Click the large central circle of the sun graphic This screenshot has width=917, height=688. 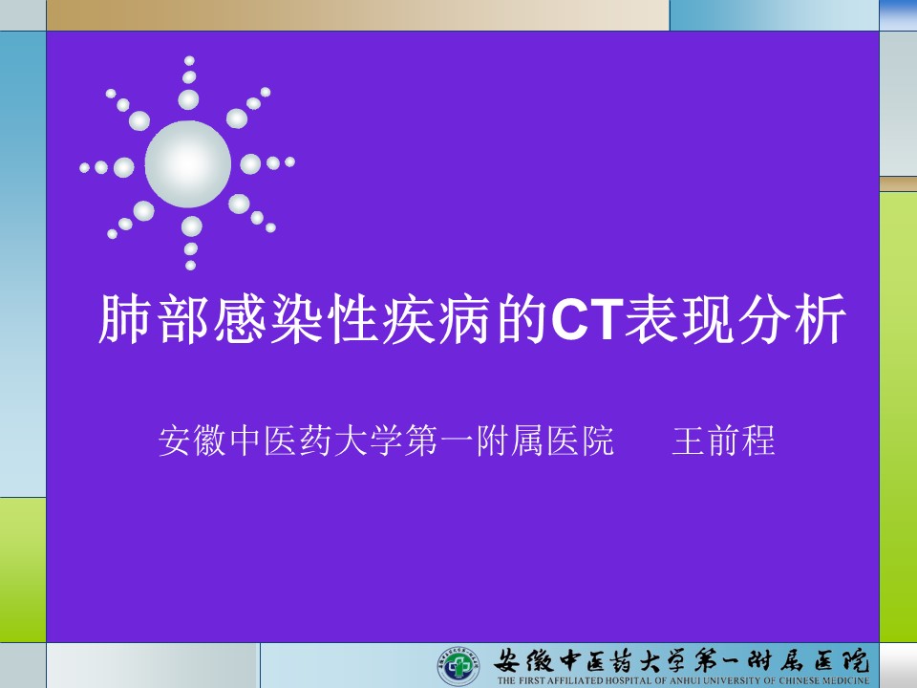pos(188,164)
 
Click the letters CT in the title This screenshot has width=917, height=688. pos(586,319)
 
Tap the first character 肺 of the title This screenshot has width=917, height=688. pos(124,319)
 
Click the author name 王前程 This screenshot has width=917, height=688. pos(724,441)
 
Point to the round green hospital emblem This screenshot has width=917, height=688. pos(458,665)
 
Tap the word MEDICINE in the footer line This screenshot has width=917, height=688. pos(846,681)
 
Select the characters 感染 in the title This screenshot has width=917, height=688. pos(267,319)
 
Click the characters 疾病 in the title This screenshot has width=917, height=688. pos(439,319)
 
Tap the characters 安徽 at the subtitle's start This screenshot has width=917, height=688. pos(192,441)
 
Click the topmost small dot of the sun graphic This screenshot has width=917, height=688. pos(189,61)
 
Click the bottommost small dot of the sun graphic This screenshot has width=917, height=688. pos(191,265)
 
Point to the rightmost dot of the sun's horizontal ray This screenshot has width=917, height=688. pos(289,161)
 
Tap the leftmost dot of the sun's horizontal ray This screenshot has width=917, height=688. pos(85,168)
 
